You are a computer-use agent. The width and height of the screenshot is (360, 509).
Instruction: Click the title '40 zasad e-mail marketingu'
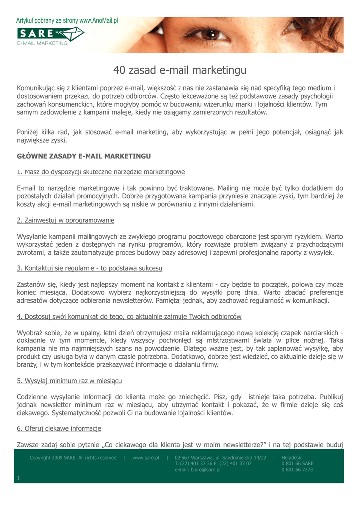(x=180, y=70)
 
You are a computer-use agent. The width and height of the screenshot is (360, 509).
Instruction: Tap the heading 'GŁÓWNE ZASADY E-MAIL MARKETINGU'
(x=84, y=156)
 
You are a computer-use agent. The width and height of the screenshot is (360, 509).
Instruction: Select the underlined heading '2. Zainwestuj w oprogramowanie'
(x=66, y=220)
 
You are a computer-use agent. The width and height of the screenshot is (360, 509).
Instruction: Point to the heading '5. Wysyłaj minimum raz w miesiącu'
(x=70, y=381)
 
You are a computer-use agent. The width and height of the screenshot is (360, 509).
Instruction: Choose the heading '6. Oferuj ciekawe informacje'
(x=59, y=428)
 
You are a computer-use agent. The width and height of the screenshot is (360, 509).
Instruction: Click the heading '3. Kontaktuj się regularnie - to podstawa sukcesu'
(x=90, y=268)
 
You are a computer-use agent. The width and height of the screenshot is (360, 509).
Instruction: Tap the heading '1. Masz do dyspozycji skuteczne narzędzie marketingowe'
(x=101, y=172)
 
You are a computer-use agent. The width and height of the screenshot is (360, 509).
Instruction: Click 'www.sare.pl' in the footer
(x=145, y=457)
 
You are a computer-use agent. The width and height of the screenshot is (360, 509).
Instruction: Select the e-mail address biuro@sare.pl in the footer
(x=197, y=470)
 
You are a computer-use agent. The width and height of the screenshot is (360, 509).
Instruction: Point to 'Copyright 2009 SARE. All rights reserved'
(x=73, y=457)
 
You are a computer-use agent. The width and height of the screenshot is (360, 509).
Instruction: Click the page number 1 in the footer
(x=18, y=478)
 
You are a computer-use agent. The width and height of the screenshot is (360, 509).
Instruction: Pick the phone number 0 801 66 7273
(x=297, y=470)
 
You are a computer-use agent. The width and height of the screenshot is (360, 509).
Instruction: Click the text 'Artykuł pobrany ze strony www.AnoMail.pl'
(x=67, y=21)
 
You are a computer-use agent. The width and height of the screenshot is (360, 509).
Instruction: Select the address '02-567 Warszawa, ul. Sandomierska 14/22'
(x=220, y=457)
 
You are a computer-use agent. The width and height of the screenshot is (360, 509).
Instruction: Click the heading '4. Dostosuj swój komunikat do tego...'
(x=129, y=316)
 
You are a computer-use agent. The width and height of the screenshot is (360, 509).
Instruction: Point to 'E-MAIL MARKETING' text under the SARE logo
(x=42, y=43)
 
